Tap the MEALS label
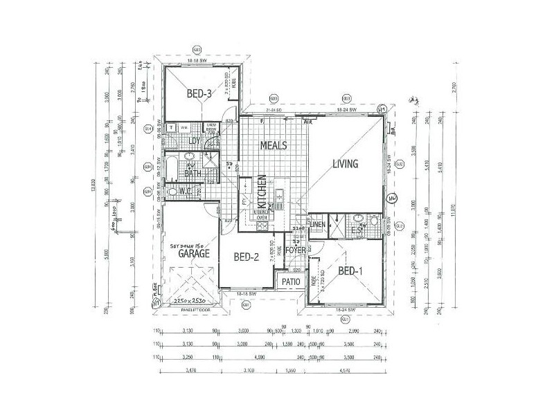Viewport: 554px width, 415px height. tap(273, 146)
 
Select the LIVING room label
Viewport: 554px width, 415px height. tap(345, 165)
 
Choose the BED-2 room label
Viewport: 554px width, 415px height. tap(246, 258)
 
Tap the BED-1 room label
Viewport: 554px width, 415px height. tap(350, 271)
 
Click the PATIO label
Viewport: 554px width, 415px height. tap(291, 282)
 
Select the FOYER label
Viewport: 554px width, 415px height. tap(296, 250)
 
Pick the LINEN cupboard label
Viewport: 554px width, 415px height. tap(318, 225)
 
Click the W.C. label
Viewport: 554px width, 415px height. tap(185, 191)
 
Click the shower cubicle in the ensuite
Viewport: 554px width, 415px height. tap(337, 223)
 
